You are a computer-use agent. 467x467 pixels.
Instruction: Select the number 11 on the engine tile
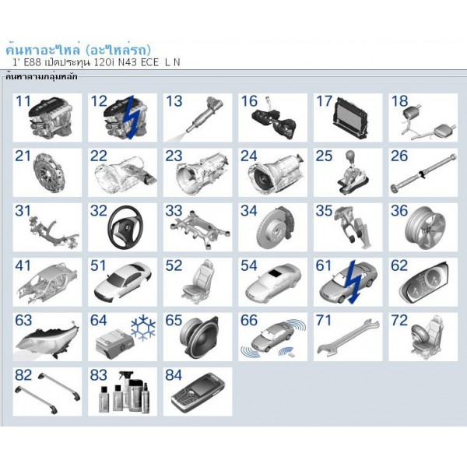point(23,101)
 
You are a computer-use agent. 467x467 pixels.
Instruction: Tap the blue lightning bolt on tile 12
point(133,117)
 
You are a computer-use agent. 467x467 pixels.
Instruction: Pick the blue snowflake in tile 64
point(143,328)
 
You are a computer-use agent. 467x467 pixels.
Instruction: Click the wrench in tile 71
point(348,338)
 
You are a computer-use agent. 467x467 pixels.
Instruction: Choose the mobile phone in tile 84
point(198,392)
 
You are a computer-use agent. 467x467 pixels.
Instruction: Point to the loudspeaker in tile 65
point(199,337)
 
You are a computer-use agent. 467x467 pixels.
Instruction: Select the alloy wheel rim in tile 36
point(426,228)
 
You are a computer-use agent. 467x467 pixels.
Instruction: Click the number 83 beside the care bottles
point(98,375)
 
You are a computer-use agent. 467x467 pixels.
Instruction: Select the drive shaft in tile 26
point(423,173)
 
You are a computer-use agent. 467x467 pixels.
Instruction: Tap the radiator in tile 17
point(352,118)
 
